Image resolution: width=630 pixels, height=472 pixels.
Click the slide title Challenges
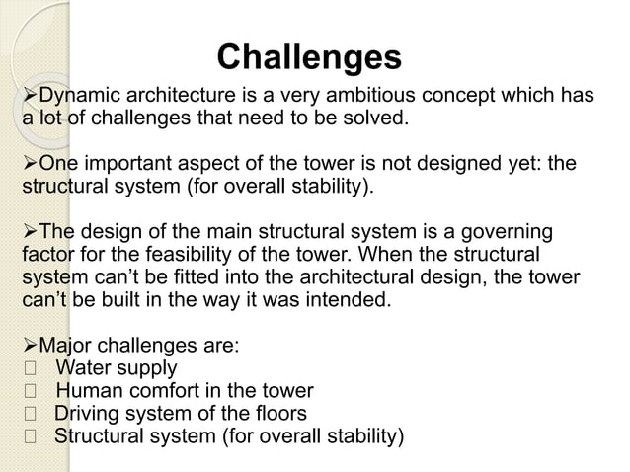(x=308, y=56)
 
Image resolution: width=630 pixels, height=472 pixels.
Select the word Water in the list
(x=84, y=369)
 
